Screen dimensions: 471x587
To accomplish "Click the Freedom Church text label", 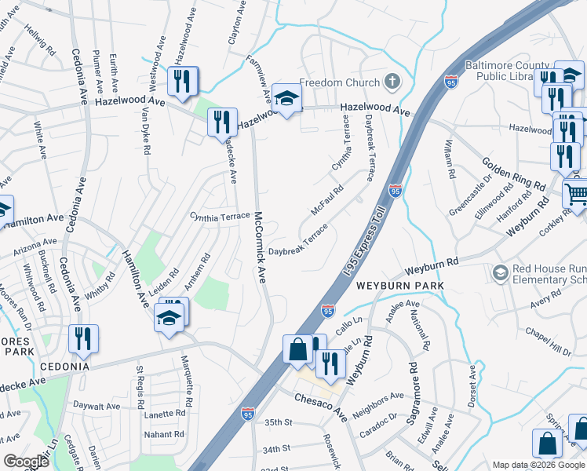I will click(x=340, y=82).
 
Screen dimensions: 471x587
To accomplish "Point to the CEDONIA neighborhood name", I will click(x=57, y=367).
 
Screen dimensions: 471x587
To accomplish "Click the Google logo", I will click(x=27, y=461).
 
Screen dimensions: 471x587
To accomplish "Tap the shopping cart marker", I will click(x=577, y=192).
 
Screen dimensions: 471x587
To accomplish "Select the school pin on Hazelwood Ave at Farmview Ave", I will click(x=287, y=98).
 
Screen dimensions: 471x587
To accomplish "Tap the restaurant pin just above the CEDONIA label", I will click(x=82, y=338).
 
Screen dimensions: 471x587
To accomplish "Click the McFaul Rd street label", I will click(x=327, y=202).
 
